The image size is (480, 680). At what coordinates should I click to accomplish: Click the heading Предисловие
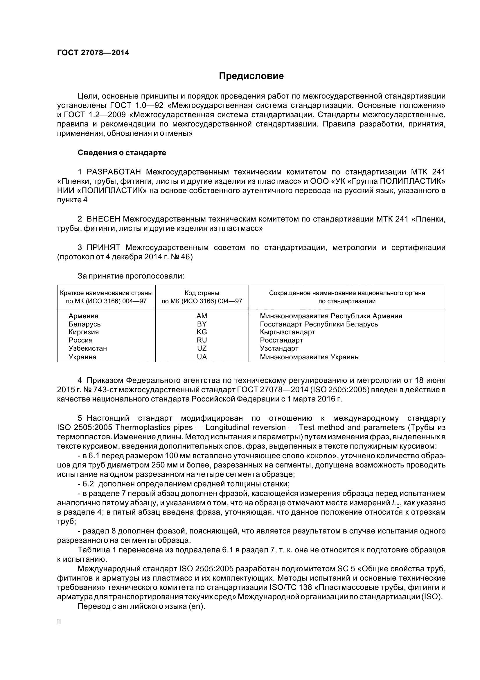tap(251, 76)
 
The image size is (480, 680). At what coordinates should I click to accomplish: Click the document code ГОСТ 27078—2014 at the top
tap(93, 53)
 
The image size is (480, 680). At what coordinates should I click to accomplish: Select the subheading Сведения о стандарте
tap(122, 153)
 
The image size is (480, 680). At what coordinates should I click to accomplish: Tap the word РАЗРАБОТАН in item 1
tap(114, 172)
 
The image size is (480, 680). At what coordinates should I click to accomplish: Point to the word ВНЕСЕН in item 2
tap(103, 219)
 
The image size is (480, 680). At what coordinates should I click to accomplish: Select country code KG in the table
tap(202, 332)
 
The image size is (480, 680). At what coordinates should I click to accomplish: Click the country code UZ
tap(202, 348)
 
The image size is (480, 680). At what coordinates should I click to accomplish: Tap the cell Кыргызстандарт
tap(287, 332)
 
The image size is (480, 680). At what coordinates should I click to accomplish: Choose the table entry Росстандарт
tap(281, 340)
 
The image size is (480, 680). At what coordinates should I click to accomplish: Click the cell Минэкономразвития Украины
tap(309, 357)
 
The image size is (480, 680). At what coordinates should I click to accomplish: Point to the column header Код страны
tap(202, 293)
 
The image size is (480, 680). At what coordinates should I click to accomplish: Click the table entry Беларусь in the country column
tap(85, 324)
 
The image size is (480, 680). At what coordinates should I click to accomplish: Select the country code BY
tap(202, 324)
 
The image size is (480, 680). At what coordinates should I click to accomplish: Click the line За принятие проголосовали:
tap(131, 276)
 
